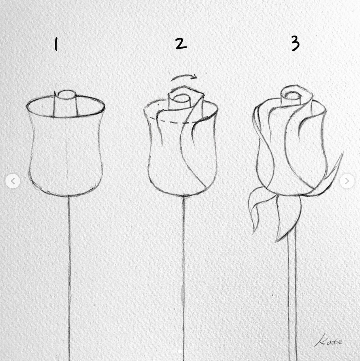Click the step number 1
click(x=56, y=44)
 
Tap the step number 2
click(x=181, y=44)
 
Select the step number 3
click(x=295, y=44)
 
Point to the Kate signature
click(x=329, y=340)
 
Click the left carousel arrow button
click(x=13, y=181)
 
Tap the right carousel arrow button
click(x=347, y=181)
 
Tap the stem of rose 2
click(x=184, y=277)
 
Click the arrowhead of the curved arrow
click(x=194, y=77)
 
